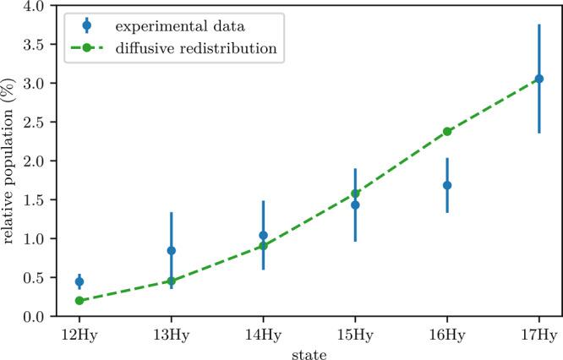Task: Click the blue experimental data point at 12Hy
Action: coord(79,281)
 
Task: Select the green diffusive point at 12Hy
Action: coord(79,300)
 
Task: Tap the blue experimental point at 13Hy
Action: coord(172,250)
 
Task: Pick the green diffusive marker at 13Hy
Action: coord(172,281)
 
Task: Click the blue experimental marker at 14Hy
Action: coord(263,235)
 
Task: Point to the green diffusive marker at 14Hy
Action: coord(263,245)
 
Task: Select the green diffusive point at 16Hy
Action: coord(447,131)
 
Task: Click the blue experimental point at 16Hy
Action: coord(447,185)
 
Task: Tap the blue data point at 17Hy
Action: coord(539,79)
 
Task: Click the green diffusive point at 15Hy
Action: coord(355,194)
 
